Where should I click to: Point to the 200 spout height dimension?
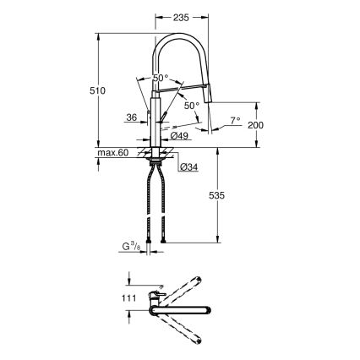[257, 125]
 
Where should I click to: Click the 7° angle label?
[235, 120]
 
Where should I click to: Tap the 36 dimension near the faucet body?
[131, 118]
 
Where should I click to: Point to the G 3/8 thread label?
[129, 247]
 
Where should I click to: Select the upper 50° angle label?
[161, 78]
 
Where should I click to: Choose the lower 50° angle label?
[192, 106]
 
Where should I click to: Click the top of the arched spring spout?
[179, 38]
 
